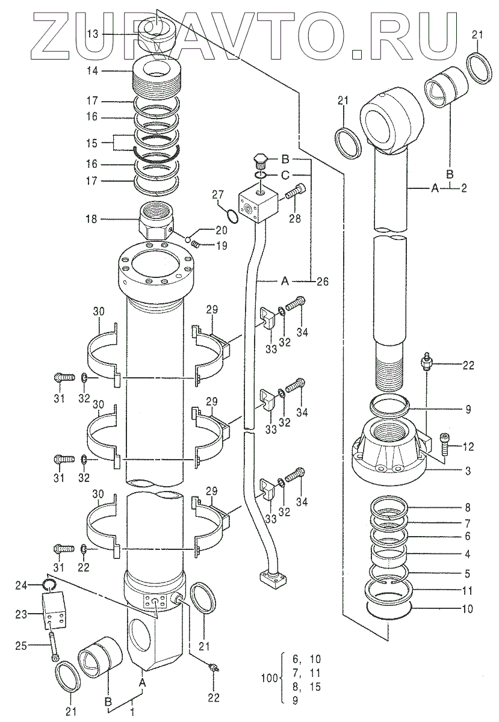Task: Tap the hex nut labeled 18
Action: [x=155, y=221]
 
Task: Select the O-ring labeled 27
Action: [x=232, y=215]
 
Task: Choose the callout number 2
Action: [x=464, y=188]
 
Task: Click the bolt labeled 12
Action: [x=443, y=446]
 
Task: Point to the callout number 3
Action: [x=468, y=469]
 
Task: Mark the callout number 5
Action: [x=468, y=574]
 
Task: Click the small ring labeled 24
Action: [x=50, y=584]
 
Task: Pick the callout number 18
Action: [x=91, y=220]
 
